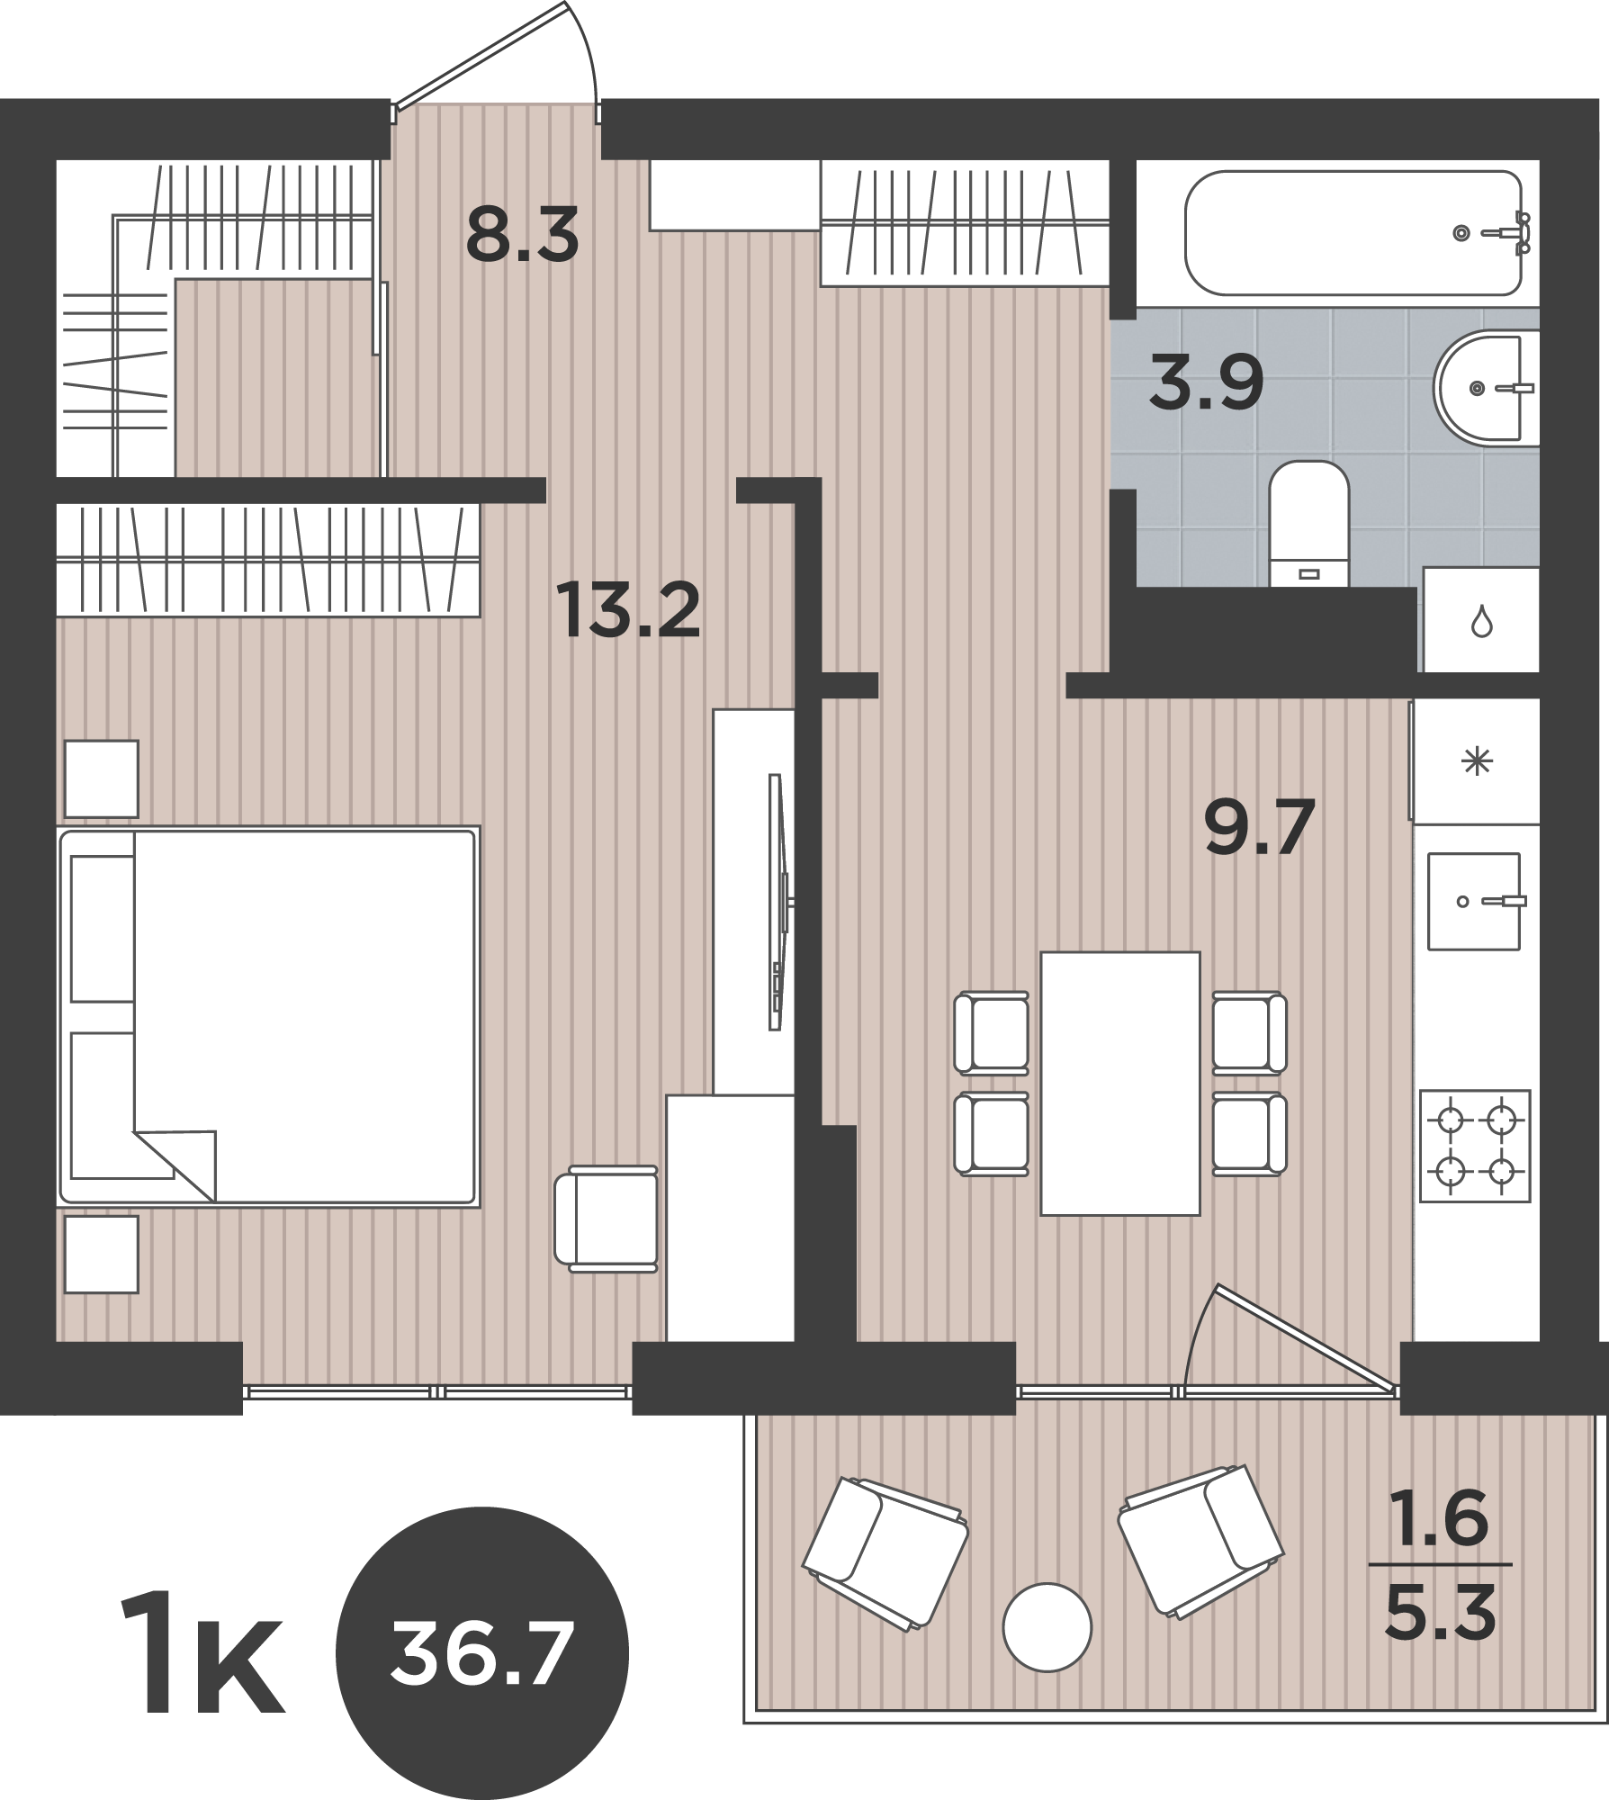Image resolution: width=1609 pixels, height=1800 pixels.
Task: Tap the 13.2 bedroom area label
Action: (x=627, y=609)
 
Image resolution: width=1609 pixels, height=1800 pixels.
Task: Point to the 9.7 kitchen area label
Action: (x=1259, y=826)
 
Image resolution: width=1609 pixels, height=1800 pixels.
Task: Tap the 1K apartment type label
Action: (x=203, y=1654)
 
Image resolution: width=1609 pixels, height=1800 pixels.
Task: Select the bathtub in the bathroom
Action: (x=1358, y=233)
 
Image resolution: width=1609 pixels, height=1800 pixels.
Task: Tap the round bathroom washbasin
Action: (x=1485, y=388)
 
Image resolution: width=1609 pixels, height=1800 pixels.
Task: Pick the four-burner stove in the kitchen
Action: (x=1475, y=1146)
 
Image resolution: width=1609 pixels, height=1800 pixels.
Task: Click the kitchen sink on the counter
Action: (x=1474, y=901)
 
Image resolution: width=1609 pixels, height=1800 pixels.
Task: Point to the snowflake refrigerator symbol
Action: (x=1478, y=762)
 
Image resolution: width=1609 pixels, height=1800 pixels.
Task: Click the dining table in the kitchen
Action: (x=1120, y=1084)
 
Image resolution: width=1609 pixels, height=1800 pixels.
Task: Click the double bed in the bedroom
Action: (x=268, y=1016)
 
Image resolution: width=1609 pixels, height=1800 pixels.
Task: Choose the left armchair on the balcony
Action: (x=885, y=1552)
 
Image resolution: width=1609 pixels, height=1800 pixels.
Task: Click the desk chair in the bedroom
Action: (x=607, y=1219)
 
